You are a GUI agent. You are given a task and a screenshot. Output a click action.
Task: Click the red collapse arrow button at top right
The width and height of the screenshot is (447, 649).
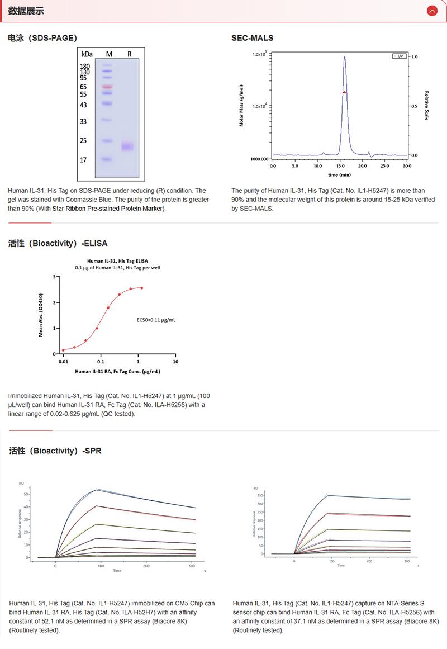coord(431,11)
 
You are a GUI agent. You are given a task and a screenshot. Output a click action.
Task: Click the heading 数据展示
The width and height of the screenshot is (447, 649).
coord(26,11)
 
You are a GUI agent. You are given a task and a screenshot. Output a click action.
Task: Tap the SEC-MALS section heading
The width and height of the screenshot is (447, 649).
coord(252,38)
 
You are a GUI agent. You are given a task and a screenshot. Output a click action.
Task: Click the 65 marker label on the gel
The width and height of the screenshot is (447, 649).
coord(84,87)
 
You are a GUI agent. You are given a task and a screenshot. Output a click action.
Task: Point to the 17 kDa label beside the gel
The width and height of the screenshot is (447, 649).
coord(84,160)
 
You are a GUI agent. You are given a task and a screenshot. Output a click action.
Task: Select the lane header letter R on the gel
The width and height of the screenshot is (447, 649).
coord(129,54)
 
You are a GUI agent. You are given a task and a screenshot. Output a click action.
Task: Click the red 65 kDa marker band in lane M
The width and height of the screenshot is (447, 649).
coord(108,87)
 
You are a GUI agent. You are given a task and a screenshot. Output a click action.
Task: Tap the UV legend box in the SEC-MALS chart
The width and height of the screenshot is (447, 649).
coord(398,56)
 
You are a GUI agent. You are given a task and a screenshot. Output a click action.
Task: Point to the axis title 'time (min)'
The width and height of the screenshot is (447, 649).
coord(339,174)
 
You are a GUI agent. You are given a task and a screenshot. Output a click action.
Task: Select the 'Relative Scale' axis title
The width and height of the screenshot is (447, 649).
coord(427,106)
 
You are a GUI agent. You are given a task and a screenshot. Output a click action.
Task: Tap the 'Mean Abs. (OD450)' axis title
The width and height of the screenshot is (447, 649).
coord(41,315)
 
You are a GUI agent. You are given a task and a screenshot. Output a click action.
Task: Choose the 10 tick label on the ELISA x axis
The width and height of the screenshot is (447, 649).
coord(175,362)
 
